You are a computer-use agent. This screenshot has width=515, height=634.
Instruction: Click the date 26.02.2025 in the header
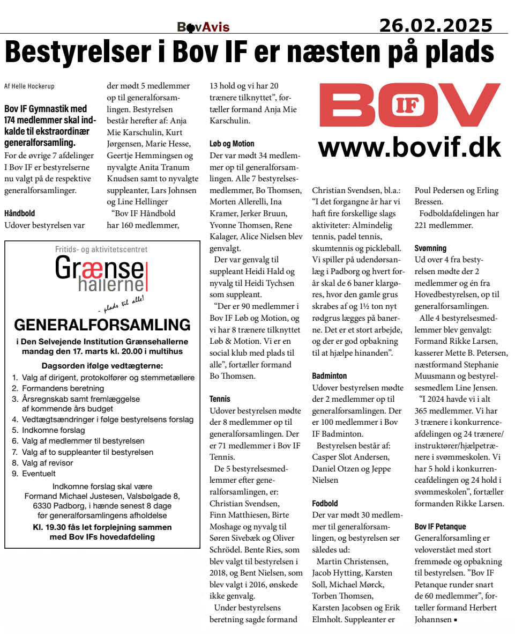[x=435, y=25]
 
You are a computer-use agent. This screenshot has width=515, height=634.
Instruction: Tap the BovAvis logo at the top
[x=203, y=27]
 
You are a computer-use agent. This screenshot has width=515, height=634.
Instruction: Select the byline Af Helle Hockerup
[x=29, y=86]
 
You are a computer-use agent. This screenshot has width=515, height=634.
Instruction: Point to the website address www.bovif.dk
[x=409, y=146]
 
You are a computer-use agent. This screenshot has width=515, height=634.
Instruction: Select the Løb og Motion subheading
[x=232, y=144]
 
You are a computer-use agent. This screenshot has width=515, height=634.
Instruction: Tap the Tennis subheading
[x=220, y=399]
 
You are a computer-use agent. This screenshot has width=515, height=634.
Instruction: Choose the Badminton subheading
[x=329, y=376]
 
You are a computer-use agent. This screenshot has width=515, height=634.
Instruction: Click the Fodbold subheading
[x=325, y=504]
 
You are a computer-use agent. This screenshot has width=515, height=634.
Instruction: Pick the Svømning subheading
[x=430, y=248]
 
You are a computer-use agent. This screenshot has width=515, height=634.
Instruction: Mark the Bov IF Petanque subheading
[x=440, y=527]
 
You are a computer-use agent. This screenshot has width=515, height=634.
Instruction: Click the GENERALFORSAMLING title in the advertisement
[x=102, y=325]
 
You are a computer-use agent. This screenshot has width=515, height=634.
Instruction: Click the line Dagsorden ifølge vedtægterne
[x=102, y=366]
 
